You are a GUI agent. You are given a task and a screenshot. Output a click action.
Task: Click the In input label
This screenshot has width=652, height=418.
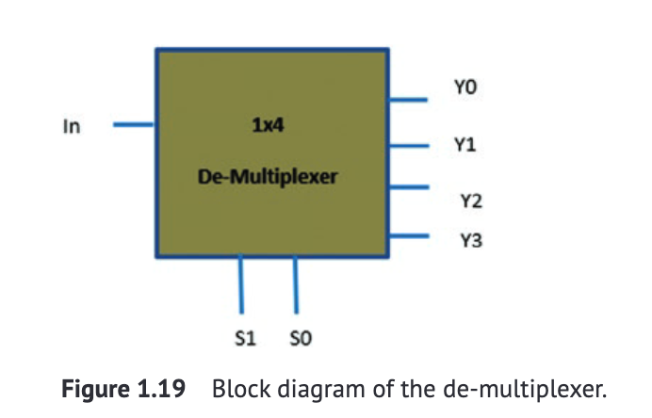71,125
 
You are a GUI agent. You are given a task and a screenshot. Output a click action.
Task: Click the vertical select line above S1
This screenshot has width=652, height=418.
242,284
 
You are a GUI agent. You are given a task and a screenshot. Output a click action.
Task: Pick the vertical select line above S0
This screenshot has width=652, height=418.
297,284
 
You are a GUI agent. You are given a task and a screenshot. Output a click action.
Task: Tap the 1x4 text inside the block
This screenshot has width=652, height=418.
268,125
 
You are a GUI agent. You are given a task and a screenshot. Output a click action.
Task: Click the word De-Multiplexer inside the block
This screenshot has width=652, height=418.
268,176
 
